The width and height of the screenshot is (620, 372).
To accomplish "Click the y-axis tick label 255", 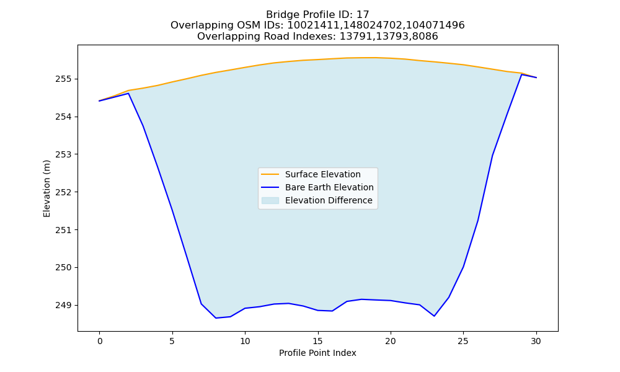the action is click(x=63, y=79).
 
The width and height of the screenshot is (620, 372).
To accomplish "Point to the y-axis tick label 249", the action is click(x=63, y=305).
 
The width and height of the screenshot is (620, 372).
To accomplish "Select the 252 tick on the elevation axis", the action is click(x=63, y=192).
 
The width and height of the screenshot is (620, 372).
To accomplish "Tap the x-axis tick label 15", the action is click(x=318, y=341).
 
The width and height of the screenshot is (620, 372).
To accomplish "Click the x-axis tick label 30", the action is click(x=536, y=341).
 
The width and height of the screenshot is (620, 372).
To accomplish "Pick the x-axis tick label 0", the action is click(x=100, y=341).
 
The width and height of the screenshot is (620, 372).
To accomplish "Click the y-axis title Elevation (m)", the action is click(x=46, y=188).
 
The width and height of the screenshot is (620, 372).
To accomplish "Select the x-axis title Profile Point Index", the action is click(x=317, y=353).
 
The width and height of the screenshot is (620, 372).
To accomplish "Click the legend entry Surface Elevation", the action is click(x=322, y=174).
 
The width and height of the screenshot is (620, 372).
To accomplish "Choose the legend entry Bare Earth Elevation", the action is click(x=329, y=187).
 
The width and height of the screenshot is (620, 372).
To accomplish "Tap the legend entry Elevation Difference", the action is click(x=329, y=200).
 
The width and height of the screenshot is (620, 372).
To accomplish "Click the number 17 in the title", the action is click(x=363, y=15).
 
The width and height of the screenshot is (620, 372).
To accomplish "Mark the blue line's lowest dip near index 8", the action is click(x=216, y=318).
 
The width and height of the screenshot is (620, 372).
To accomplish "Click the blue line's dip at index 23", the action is click(x=434, y=316).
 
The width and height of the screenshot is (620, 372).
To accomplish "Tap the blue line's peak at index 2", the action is click(x=128, y=93).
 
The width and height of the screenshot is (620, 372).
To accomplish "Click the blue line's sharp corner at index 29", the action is click(x=521, y=74).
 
